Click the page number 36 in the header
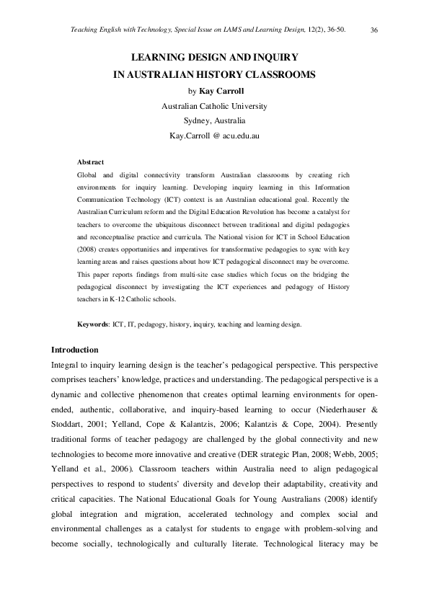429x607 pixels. click(374, 30)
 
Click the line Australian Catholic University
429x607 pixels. click(214, 106)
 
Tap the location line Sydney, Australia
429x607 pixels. click(214, 120)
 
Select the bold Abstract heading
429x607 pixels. click(90, 162)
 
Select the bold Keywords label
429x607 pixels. click(93, 325)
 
